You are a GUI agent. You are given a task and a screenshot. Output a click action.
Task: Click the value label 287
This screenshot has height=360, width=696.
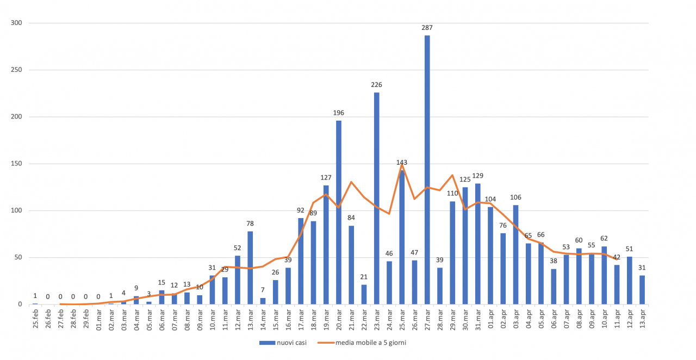427,27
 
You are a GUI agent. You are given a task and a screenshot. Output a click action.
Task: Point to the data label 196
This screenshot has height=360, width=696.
339,113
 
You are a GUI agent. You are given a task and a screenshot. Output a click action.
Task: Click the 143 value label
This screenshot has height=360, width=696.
402,162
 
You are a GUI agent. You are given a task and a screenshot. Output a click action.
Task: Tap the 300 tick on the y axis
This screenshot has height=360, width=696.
16,23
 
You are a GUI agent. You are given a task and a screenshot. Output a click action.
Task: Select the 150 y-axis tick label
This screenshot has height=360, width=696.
16,164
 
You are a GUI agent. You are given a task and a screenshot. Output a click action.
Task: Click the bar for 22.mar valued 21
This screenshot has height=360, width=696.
364,294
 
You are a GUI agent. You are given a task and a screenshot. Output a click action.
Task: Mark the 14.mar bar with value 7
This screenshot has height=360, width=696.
263,301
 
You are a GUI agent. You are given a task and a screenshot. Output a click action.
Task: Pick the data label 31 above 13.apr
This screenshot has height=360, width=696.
643,267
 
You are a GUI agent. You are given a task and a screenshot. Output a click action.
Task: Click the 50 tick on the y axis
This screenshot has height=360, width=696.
18,257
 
